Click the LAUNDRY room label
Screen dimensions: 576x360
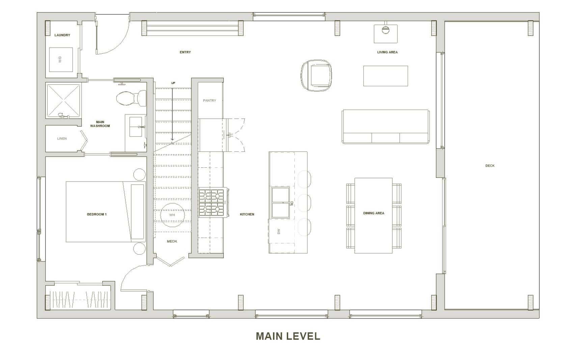[62, 35]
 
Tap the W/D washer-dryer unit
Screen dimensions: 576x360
[61, 60]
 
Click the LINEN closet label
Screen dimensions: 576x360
[62, 139]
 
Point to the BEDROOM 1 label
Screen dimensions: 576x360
[97, 214]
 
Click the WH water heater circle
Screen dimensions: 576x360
[172, 215]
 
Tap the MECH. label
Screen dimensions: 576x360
[172, 242]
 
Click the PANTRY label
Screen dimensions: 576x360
[210, 101]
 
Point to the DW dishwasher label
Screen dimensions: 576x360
[279, 231]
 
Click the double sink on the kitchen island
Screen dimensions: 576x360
[281, 203]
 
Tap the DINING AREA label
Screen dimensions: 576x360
[374, 213]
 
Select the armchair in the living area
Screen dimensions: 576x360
[316, 75]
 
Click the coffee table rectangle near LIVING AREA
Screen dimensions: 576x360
[385, 76]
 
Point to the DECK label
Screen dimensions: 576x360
[490, 166]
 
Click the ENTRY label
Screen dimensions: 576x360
[185, 52]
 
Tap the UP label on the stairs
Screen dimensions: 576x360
[173, 83]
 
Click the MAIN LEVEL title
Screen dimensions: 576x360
[288, 336]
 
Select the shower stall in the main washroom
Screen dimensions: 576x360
[63, 101]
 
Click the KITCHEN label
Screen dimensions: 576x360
[247, 214]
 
